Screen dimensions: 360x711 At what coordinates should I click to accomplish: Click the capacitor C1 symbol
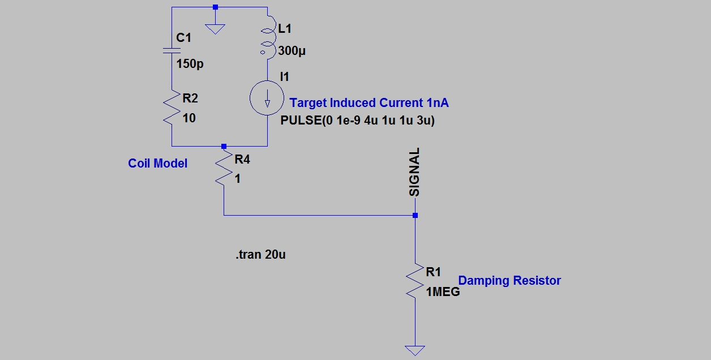172,51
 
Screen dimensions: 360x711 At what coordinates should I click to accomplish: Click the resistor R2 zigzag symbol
172,109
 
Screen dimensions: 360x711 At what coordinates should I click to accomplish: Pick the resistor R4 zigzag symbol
224,168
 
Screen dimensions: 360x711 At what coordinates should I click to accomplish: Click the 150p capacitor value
190,64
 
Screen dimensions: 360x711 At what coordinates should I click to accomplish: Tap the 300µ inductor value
293,51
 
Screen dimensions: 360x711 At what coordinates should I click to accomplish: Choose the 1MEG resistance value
443,293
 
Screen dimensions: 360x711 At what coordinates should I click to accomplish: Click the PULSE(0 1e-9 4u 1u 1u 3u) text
357,121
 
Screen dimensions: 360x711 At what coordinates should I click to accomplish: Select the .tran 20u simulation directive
260,255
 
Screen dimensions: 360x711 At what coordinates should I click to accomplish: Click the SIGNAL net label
415,172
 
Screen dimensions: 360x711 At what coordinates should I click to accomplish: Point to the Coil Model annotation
157,164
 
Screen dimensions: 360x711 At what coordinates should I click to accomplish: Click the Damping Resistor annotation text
509,281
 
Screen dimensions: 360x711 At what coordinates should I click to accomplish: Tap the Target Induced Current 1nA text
369,103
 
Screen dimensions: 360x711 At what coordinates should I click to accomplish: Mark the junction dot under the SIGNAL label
415,215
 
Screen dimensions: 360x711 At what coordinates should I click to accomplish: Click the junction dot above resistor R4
224,145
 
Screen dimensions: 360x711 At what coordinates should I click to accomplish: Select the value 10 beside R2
189,118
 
